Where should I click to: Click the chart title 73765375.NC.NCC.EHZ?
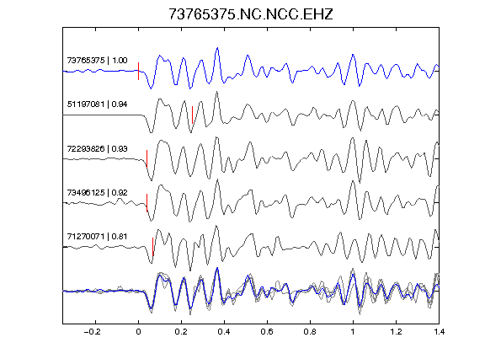click(x=251, y=14)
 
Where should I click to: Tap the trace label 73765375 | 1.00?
click(x=97, y=60)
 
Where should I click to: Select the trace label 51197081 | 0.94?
click(x=97, y=104)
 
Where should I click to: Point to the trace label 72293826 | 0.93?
click(x=97, y=148)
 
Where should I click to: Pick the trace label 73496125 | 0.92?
click(x=97, y=192)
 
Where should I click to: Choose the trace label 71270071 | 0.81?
click(x=97, y=237)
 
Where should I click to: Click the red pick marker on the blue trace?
click(x=138, y=71)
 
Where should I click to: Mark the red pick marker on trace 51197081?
click(x=192, y=115)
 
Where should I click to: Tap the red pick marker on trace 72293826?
click(x=147, y=159)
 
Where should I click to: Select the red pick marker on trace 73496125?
click(x=147, y=203)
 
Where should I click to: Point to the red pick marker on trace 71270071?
click(x=152, y=247)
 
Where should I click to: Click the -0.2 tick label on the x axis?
click(x=93, y=332)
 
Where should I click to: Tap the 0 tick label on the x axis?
click(x=138, y=332)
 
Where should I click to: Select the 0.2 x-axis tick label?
click(x=181, y=332)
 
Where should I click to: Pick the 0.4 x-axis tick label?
click(x=224, y=332)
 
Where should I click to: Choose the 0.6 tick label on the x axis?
click(x=267, y=332)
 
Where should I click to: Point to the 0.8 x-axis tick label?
click(x=310, y=332)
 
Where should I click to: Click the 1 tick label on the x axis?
click(x=353, y=332)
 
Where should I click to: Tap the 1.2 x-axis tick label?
click(x=396, y=332)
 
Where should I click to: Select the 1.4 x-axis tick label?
click(x=439, y=332)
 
